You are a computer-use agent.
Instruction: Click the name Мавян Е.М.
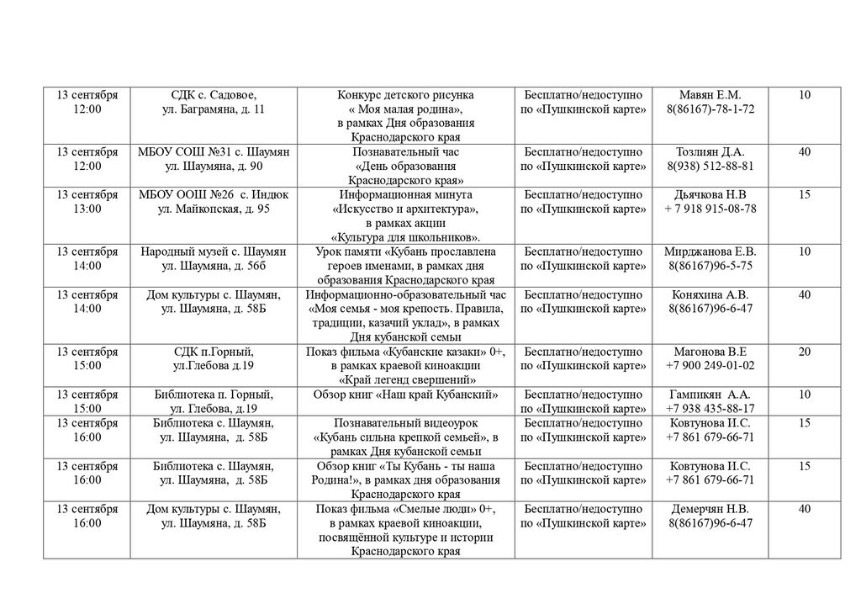[710, 95]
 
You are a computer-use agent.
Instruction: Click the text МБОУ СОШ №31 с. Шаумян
[214, 151]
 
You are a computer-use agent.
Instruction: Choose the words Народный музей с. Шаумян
[214, 252]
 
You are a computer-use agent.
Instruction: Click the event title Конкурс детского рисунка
[405, 95]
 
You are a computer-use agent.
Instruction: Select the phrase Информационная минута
[405, 194]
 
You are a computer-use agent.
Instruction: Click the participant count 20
[805, 351]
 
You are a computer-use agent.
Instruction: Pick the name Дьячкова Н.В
[710, 194]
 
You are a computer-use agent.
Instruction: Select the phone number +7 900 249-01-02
[710, 365]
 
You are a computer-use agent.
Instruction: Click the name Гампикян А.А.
[710, 394]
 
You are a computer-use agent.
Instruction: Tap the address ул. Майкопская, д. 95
[214, 209]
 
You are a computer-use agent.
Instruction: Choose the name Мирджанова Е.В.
[710, 252]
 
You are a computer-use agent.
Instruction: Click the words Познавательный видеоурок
[405, 422]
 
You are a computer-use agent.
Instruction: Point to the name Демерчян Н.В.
[710, 509]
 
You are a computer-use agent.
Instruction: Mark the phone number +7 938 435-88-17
[710, 408]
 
